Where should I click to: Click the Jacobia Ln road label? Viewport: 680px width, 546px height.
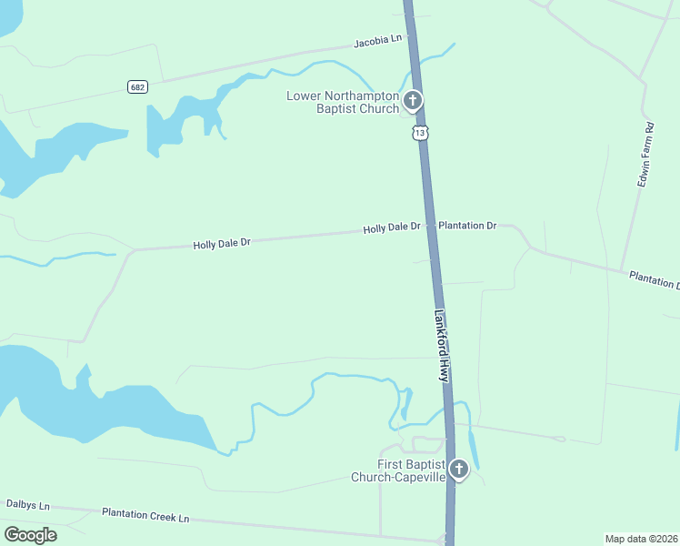(x=377, y=40)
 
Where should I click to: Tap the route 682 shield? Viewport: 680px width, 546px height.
(x=137, y=87)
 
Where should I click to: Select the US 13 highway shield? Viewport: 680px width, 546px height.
(x=418, y=133)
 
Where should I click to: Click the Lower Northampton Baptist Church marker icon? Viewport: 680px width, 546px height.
(x=413, y=99)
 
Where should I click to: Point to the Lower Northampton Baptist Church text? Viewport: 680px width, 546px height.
(x=344, y=102)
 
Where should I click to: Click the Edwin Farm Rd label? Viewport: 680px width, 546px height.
(x=645, y=155)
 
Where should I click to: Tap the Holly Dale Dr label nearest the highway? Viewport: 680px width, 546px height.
(x=392, y=228)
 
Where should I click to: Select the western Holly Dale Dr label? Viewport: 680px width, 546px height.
(x=221, y=243)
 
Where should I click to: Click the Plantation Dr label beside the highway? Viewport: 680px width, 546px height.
(x=467, y=225)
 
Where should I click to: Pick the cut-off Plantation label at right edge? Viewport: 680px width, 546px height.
(x=655, y=279)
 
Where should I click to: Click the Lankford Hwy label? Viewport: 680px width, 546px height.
(x=442, y=346)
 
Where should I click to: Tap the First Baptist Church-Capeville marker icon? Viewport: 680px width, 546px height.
(x=459, y=470)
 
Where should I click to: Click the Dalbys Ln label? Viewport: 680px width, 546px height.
(x=27, y=504)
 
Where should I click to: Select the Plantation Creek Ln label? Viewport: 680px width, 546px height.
(x=145, y=515)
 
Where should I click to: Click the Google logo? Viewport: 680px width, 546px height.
(x=30, y=534)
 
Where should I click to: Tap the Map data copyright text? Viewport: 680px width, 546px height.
(x=640, y=538)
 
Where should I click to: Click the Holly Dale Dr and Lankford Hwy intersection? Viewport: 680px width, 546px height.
(x=430, y=227)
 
